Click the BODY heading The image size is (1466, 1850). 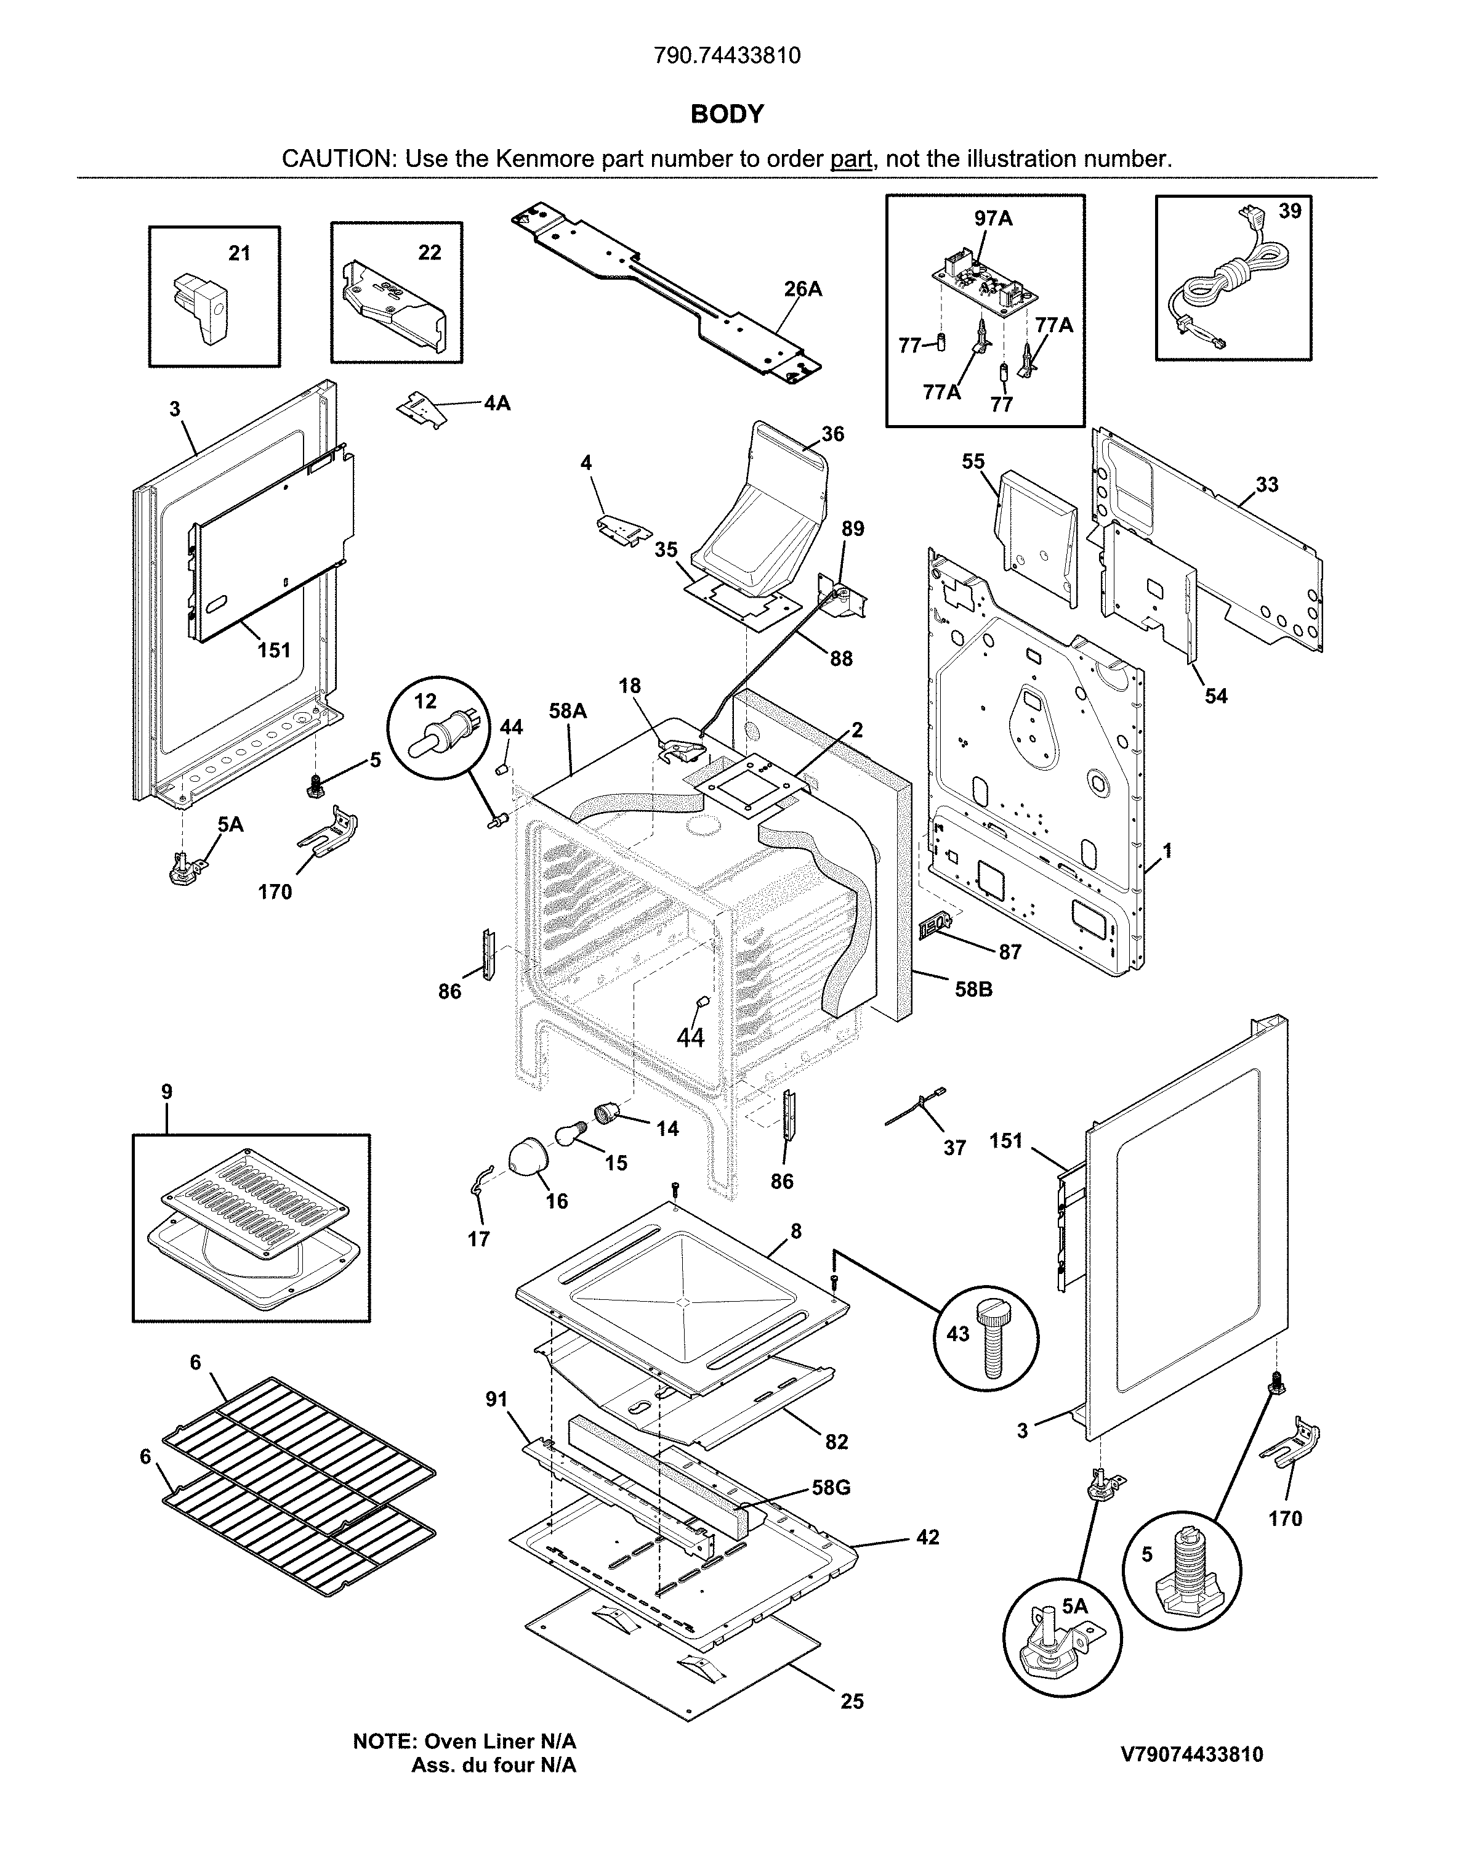click(726, 114)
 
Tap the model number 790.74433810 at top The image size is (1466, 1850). click(726, 56)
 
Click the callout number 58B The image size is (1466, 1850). click(973, 989)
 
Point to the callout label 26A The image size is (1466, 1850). click(802, 289)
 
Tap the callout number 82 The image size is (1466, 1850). click(836, 1442)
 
